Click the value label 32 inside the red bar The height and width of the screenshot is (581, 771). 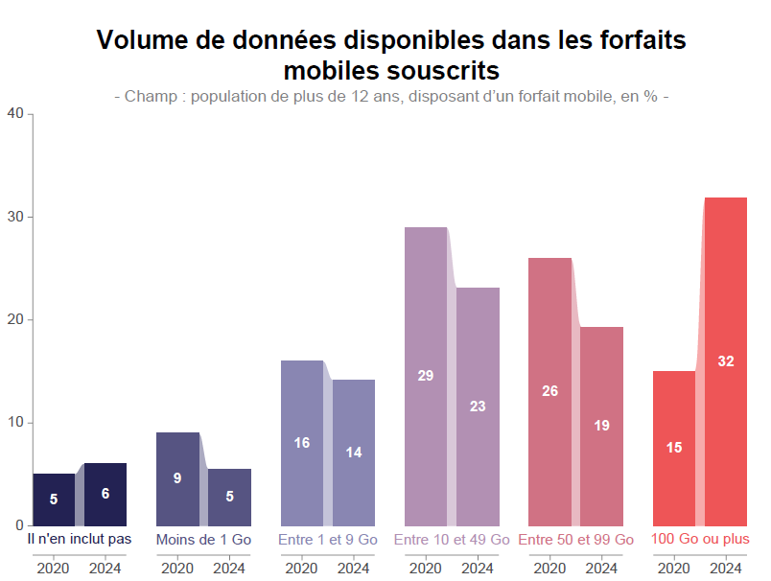click(x=726, y=361)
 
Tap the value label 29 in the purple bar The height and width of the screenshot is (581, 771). click(x=426, y=375)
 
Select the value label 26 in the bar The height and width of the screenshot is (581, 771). click(x=549, y=391)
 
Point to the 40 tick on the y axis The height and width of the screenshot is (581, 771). click(x=15, y=114)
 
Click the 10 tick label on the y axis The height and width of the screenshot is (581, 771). click(x=15, y=423)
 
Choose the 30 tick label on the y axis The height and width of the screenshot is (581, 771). click(x=15, y=217)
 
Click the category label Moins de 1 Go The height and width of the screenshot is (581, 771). click(x=203, y=540)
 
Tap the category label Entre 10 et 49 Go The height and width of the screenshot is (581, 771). click(x=452, y=540)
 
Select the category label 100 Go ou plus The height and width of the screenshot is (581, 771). click(x=700, y=540)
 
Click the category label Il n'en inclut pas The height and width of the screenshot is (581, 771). click(x=80, y=540)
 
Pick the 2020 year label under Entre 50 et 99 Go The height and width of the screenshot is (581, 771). click(x=549, y=568)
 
